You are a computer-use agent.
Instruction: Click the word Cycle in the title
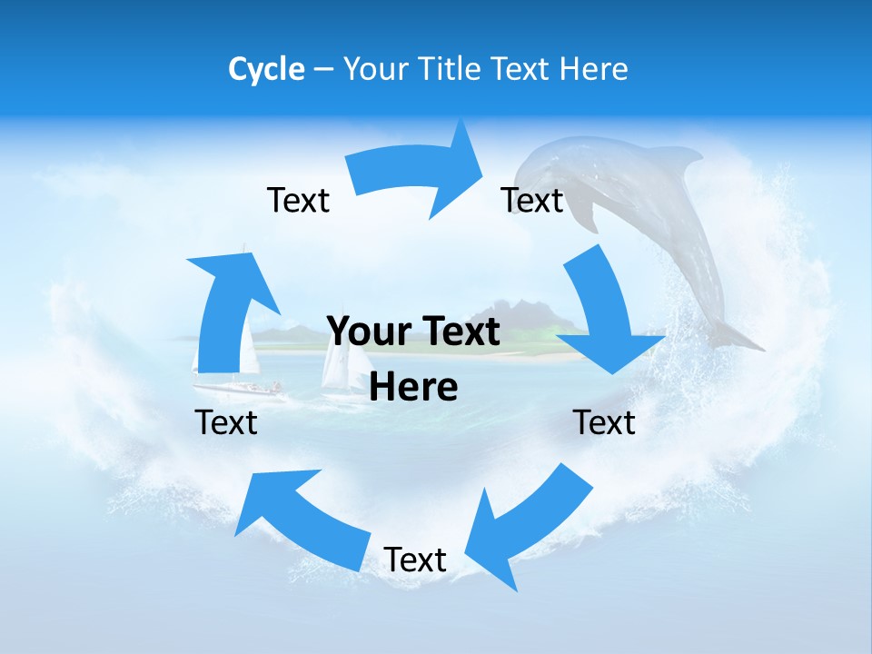[x=266, y=69]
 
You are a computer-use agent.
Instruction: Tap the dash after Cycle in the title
[x=323, y=70]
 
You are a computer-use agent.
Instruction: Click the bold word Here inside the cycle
[x=413, y=388]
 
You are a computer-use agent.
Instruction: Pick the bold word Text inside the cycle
[x=457, y=332]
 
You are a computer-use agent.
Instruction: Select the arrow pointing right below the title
[x=413, y=173]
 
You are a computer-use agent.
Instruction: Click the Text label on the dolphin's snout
[x=532, y=200]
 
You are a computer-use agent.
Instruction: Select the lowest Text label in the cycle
[x=415, y=560]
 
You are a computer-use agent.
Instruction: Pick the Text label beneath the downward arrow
[x=604, y=422]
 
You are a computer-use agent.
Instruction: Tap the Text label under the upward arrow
[x=226, y=422]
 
